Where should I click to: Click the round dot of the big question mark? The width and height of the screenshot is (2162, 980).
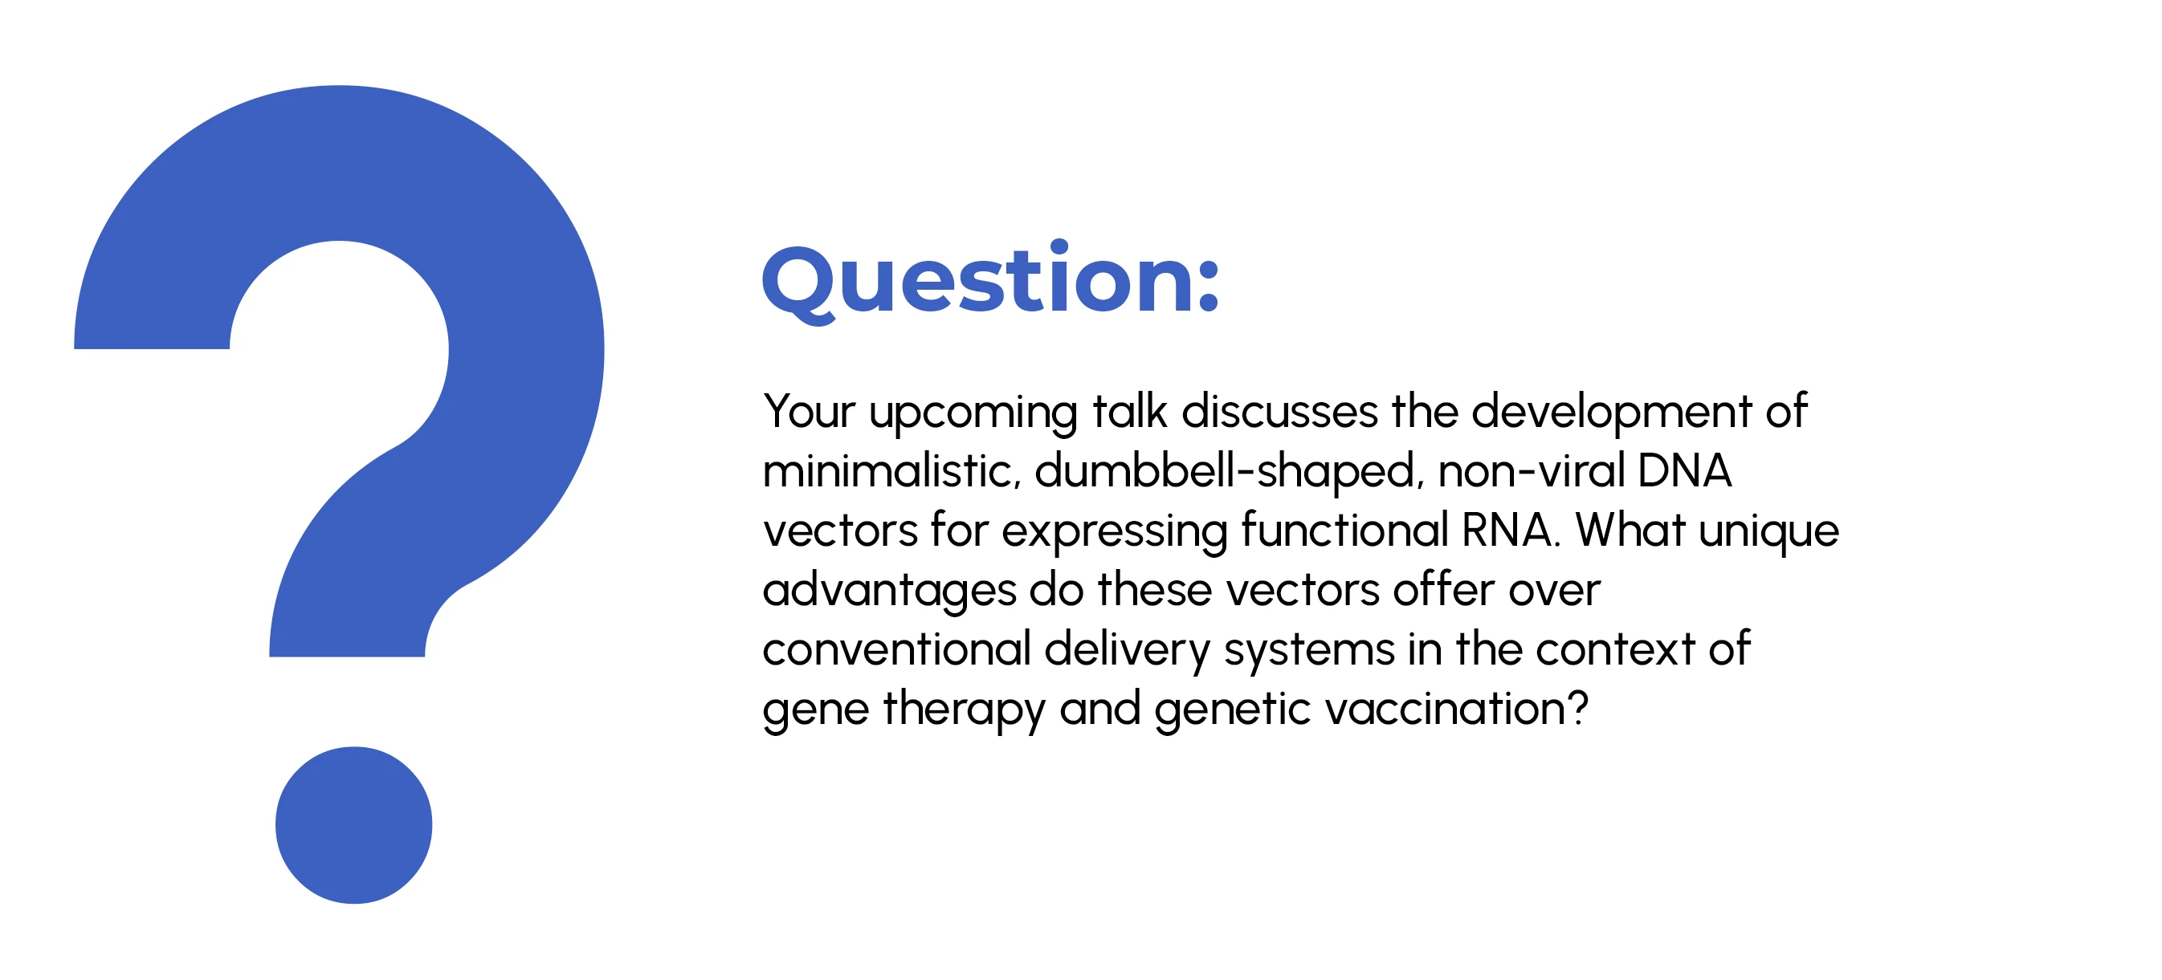353,825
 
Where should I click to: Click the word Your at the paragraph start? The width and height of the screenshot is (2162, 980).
809,411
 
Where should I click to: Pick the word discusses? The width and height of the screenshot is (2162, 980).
1280,411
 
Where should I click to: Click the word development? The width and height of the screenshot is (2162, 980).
1611,413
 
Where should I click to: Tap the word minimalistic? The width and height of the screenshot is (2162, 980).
891,470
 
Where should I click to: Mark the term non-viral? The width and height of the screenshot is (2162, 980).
1532,470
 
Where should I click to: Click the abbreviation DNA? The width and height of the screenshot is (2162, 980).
1684,470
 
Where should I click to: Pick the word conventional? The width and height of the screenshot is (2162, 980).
896,649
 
